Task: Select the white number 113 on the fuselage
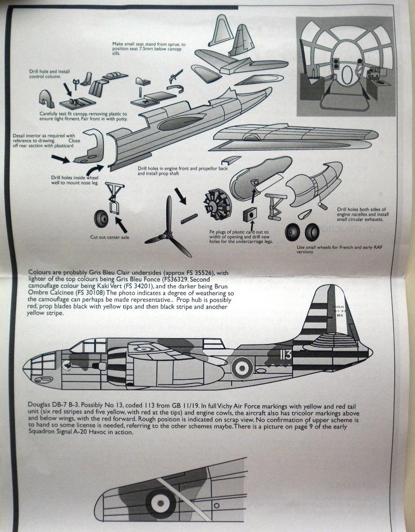click(x=285, y=355)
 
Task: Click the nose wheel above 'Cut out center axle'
click(x=102, y=218)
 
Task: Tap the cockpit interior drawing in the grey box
click(x=345, y=66)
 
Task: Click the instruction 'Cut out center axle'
click(x=110, y=237)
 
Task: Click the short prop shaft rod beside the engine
click(x=189, y=218)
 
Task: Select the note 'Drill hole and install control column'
click(x=49, y=74)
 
